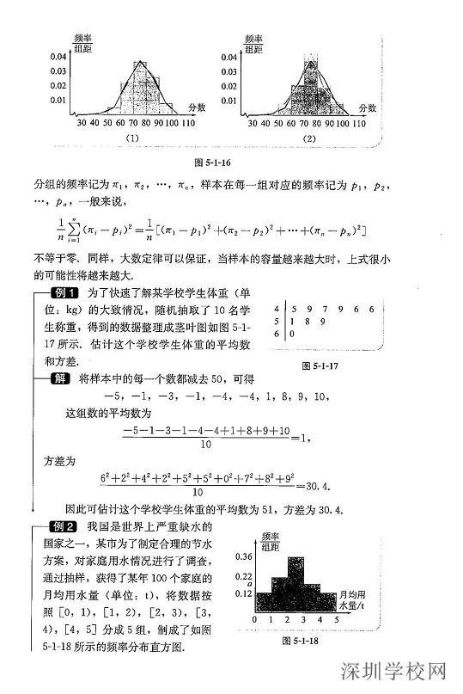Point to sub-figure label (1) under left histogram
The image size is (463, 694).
click(x=133, y=138)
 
